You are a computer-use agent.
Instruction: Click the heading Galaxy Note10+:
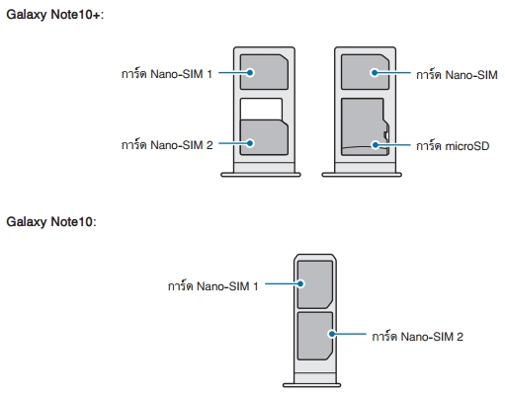55,15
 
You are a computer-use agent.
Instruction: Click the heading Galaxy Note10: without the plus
51,222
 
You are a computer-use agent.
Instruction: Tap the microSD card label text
453,145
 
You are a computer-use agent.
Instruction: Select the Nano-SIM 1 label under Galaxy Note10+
167,73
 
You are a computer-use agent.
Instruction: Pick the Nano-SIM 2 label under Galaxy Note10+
167,144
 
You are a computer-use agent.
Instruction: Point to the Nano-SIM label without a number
457,74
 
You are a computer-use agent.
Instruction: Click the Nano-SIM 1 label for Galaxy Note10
212,285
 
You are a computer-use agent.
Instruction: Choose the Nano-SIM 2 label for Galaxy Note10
417,336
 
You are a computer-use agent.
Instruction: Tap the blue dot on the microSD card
375,145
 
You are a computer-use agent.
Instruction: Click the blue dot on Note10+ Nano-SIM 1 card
250,72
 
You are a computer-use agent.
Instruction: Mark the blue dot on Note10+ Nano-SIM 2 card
250,143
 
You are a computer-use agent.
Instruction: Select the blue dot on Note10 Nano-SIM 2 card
332,334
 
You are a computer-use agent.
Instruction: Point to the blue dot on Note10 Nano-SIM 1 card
300,283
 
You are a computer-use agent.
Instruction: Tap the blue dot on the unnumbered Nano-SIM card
375,72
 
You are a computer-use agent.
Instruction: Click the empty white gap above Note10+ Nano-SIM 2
261,109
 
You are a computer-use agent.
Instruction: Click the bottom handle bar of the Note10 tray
311,385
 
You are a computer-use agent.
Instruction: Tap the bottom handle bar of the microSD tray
362,175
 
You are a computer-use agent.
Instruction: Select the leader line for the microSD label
392,145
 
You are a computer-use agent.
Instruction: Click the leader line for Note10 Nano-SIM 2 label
349,334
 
